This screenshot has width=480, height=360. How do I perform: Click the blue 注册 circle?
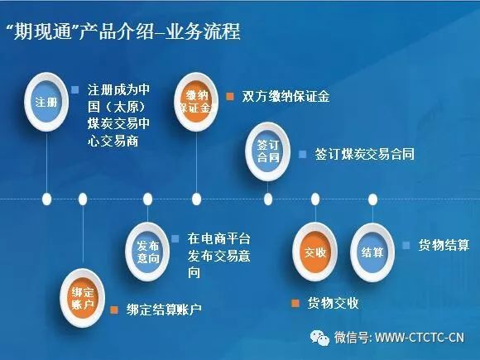[x=46, y=102]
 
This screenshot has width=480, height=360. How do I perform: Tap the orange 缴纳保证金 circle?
[x=196, y=102]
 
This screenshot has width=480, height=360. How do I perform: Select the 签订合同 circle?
[x=268, y=151]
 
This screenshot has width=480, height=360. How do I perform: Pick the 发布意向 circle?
[x=147, y=252]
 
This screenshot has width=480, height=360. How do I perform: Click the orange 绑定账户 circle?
[x=83, y=298]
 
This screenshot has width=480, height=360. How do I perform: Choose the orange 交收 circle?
[x=315, y=252]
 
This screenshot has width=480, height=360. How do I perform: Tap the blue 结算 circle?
[x=372, y=252]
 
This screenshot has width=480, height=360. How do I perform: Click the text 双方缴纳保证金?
[x=286, y=97]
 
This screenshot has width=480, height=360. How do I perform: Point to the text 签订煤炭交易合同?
[x=365, y=154]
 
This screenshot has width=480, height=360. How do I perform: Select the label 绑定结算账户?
[x=164, y=310]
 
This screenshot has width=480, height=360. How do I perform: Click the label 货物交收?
[x=333, y=303]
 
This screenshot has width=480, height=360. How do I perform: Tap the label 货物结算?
[x=444, y=246]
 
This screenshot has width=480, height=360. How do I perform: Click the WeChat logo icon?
[x=319, y=338]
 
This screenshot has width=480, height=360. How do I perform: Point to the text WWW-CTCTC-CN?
[x=420, y=338]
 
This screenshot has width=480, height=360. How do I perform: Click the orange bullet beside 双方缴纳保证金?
[x=230, y=97]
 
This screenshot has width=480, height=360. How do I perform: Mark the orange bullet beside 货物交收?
[x=295, y=303]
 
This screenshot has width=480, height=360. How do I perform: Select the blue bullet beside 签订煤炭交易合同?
[x=302, y=154]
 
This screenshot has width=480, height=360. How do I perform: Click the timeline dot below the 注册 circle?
[x=46, y=199]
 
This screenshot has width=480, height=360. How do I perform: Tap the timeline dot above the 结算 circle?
[x=372, y=199]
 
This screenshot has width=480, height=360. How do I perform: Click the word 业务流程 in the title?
[x=203, y=31]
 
